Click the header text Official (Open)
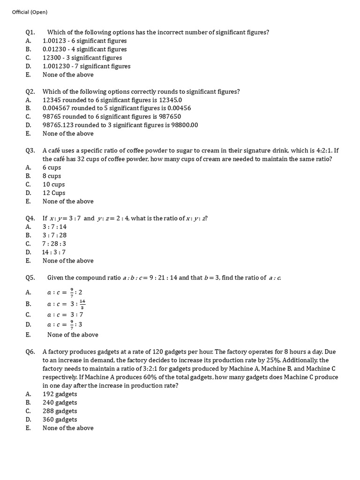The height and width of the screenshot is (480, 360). coord(30,12)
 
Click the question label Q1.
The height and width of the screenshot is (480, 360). coord(30,32)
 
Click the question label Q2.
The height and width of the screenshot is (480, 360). coord(30,91)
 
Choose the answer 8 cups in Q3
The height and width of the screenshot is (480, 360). coord(52,176)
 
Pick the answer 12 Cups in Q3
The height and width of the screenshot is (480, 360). coord(54,193)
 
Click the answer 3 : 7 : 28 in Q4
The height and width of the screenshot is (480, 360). coord(55,235)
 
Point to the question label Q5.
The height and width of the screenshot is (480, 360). coord(30,277)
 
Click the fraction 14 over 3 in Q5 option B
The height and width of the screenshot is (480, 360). coord(82,304)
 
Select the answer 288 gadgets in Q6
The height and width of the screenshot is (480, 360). coord(60,411)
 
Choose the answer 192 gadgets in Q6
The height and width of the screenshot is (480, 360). coord(60,394)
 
